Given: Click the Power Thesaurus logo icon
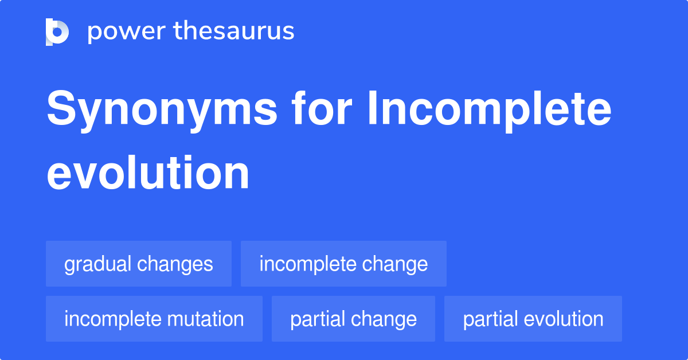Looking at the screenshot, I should click(57, 32).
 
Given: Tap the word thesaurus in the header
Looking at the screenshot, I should click(234, 32).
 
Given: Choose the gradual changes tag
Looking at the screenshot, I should click(139, 264).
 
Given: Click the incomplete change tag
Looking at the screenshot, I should click(343, 264).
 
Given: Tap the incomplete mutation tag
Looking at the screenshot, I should click(154, 319).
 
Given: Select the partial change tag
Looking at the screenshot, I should click(353, 319).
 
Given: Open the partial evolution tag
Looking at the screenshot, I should click(533, 319).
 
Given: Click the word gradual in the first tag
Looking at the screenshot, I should click(98, 264).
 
